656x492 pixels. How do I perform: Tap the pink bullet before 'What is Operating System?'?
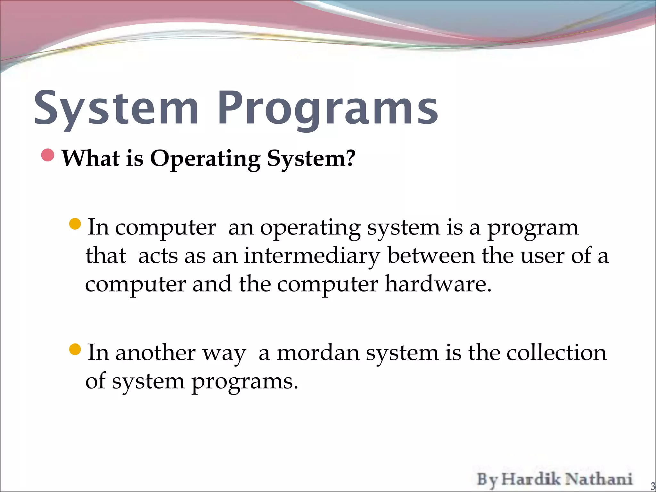click(x=48, y=155)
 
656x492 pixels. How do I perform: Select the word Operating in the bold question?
click(x=205, y=158)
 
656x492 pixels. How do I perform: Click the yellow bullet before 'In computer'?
click(x=75, y=224)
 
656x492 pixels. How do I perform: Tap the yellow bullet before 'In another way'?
click(x=75, y=349)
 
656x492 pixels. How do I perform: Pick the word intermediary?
click(x=312, y=256)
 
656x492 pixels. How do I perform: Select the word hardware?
click(x=438, y=284)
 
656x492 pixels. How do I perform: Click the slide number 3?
click(x=652, y=486)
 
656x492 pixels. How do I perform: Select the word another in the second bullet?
click(x=155, y=353)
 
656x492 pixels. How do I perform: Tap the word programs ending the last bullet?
click(x=244, y=382)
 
